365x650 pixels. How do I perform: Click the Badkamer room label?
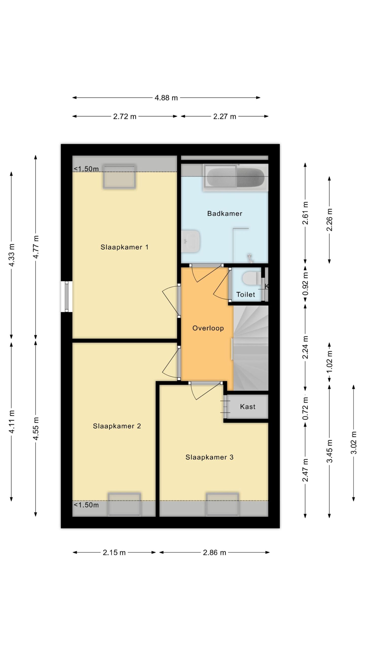pos(225,214)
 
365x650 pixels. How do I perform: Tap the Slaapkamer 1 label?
pos(124,247)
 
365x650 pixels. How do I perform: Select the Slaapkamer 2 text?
pos(117,426)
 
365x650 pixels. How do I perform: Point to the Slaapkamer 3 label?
pos(209,457)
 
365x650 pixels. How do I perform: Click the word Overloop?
pos(208,328)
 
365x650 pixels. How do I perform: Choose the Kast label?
pos(248,407)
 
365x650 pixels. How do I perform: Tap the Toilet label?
pos(246,294)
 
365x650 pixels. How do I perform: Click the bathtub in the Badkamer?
pos(235,177)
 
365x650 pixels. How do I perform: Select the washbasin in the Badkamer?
pos(191,241)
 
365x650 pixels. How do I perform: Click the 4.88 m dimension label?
pos(166,98)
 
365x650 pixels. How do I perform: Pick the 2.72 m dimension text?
pos(125,117)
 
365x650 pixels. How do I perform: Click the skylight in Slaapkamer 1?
pos(119,176)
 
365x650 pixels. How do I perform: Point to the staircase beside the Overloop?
pos(251,348)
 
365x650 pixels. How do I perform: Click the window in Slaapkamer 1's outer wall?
pos(67,296)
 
